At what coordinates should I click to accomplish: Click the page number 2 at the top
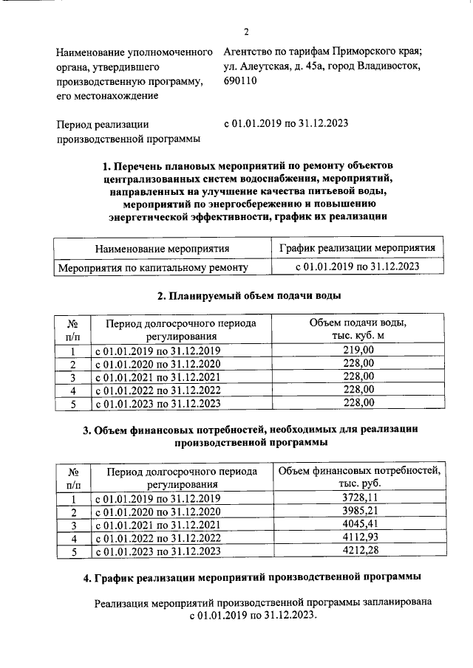246,31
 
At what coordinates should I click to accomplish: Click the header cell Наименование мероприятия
162,249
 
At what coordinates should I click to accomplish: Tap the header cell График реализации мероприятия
357,248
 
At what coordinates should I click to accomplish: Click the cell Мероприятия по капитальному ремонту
152,268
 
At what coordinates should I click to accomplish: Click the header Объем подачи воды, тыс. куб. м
358,330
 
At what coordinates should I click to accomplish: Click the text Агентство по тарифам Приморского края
323,52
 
